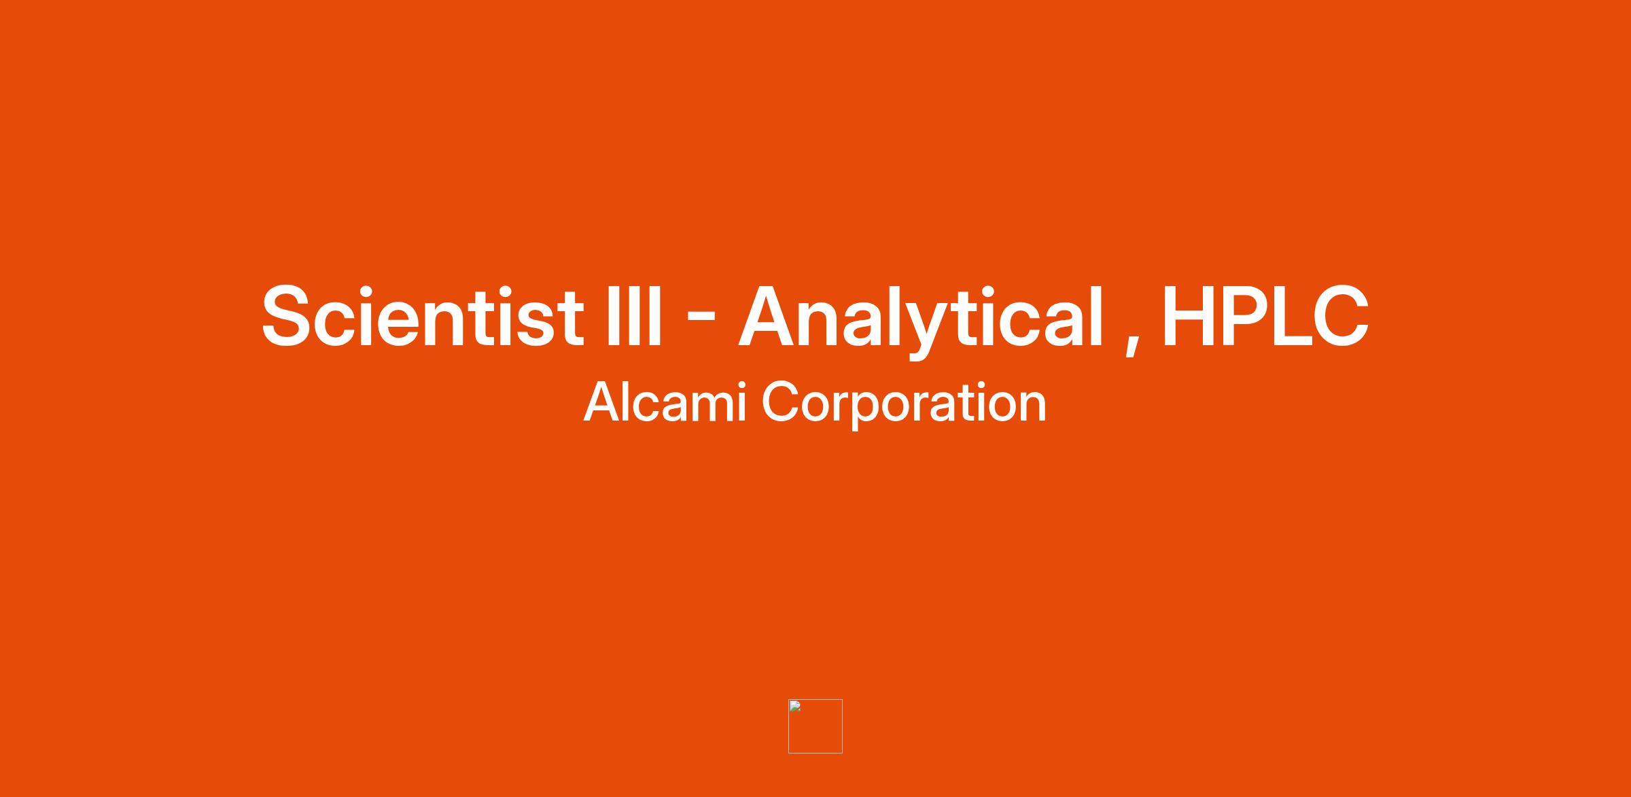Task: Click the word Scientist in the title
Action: (422, 317)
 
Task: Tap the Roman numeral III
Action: (633, 317)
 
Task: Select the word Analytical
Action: (921, 319)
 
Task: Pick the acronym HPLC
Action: (1265, 317)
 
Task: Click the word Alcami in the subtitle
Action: (665, 402)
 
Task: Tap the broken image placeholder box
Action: (815, 726)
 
